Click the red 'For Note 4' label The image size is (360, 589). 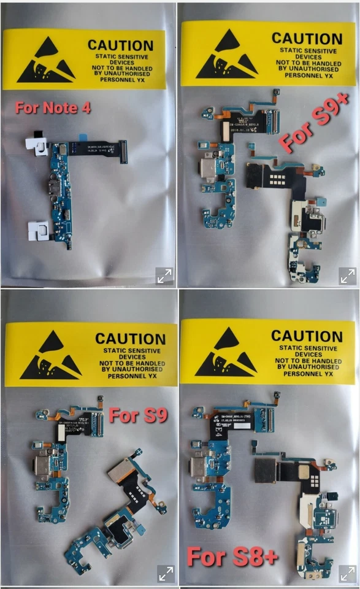click(x=53, y=108)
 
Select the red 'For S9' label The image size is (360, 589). click(x=138, y=415)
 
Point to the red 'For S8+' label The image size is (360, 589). click(x=233, y=557)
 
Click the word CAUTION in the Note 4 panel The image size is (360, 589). click(x=120, y=45)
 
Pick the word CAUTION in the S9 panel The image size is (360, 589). click(x=130, y=339)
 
